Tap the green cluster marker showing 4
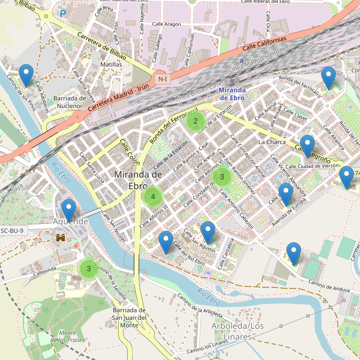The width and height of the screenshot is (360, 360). click(153, 196)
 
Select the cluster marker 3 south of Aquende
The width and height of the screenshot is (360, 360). click(89, 268)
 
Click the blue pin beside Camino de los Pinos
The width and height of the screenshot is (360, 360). click(26, 74)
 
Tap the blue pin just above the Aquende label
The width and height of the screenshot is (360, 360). click(69, 210)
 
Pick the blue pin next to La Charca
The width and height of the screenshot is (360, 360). click(307, 146)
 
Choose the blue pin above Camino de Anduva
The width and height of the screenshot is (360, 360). click(293, 253)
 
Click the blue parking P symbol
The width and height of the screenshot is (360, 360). click(63, 13)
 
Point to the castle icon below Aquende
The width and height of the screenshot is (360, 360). click(61, 238)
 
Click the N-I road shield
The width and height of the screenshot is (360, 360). click(162, 79)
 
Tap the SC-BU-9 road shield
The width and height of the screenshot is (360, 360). click(12, 230)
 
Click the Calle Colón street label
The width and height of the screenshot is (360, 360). click(130, 153)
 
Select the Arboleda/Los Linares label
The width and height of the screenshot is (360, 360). click(238, 330)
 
